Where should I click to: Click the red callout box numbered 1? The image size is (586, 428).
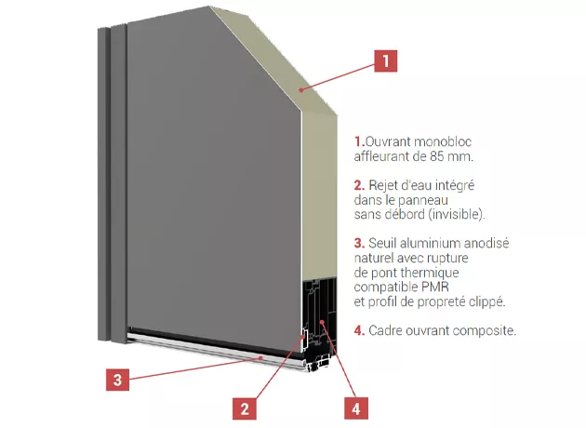[x=386, y=60]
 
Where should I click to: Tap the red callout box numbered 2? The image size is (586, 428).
[x=245, y=408]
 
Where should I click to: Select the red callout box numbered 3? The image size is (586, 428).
[x=118, y=380]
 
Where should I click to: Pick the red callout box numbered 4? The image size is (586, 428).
[x=355, y=408]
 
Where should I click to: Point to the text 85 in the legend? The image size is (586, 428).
[x=437, y=156]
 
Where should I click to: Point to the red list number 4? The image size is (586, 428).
[x=359, y=331]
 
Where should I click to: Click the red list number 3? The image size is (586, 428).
[x=359, y=244]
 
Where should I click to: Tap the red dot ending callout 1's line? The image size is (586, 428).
[x=300, y=89]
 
